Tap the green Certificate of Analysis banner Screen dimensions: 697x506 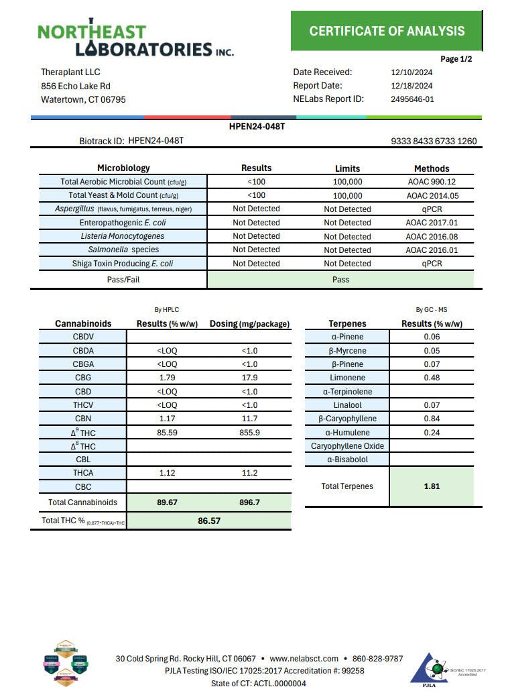click(387, 31)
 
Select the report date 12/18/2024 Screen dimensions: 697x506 click(412, 86)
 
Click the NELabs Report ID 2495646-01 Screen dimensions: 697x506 click(412, 99)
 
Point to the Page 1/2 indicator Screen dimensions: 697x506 click(456, 59)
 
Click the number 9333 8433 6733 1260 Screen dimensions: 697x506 click(434, 142)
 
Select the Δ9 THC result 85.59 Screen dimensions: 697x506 click(166, 433)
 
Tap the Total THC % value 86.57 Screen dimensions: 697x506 click(208, 521)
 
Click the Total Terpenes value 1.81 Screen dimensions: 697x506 click(432, 486)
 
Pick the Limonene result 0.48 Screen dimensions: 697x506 click(432, 378)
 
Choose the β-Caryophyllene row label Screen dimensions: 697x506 click(346, 419)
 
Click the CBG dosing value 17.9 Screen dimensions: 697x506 click(249, 378)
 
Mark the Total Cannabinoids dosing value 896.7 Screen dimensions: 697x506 click(249, 502)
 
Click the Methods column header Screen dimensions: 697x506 click(432, 168)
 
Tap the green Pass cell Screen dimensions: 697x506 click(340, 280)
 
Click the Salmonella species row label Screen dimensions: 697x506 click(123, 250)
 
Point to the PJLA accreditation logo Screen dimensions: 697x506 click(436, 670)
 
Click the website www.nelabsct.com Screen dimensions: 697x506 click(302, 659)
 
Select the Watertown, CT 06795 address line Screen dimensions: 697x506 click(83, 100)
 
